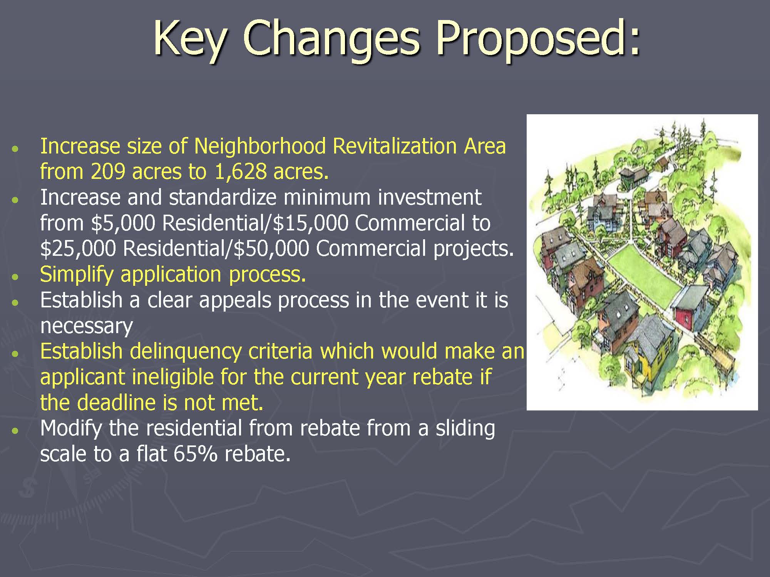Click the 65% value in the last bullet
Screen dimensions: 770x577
point(196,454)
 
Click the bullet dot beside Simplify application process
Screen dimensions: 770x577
point(15,277)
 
